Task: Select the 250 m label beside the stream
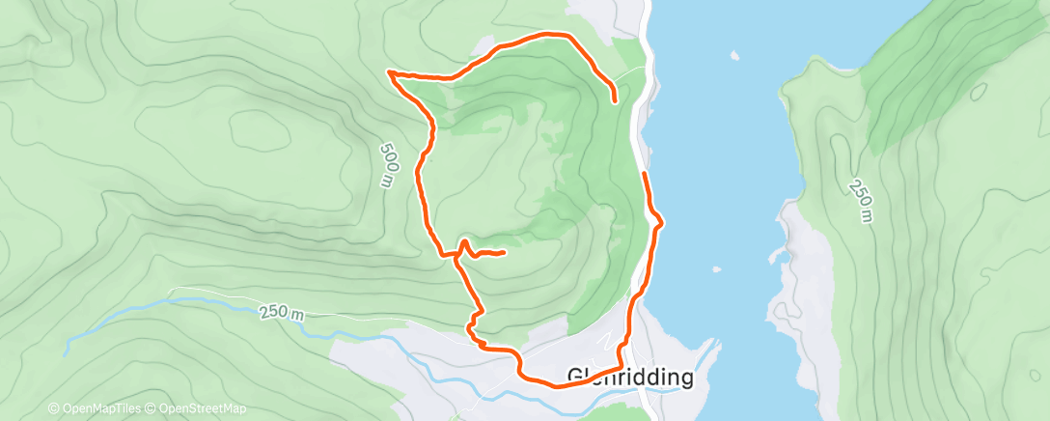pos(281,314)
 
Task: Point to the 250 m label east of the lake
pos(861,200)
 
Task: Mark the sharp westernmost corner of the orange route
pos(388,71)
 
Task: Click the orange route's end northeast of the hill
pos(616,98)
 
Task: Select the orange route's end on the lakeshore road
pos(644,174)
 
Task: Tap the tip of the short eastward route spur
pos(505,253)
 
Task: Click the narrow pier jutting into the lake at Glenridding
pos(713,346)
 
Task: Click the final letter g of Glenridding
pos(685,379)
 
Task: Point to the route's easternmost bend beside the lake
pos(661,224)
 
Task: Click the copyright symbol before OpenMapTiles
pos(53,409)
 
